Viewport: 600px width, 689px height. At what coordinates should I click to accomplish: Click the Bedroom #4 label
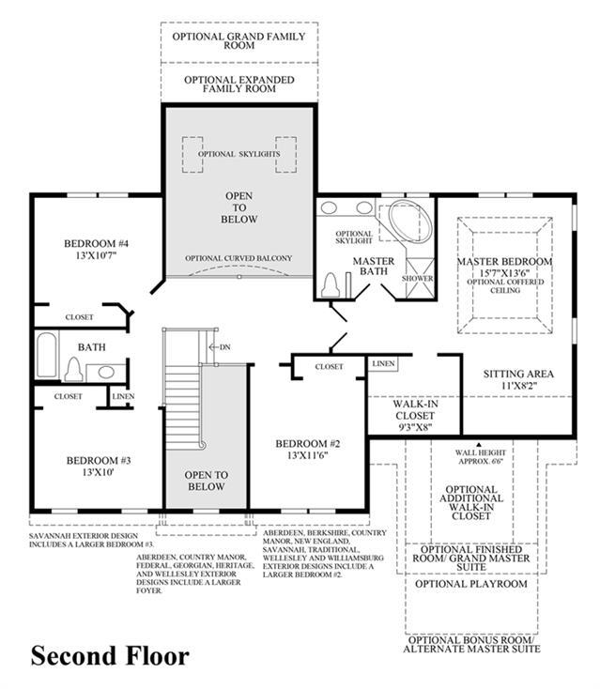[x=97, y=243]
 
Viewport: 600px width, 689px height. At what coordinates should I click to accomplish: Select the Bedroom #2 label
[x=308, y=444]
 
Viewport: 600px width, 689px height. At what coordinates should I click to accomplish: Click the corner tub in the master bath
[x=410, y=222]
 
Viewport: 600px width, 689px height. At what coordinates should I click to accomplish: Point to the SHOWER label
[x=417, y=279]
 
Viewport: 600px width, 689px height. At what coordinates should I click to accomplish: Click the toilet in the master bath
[x=331, y=285]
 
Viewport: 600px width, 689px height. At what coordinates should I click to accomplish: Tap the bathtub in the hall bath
[x=47, y=355]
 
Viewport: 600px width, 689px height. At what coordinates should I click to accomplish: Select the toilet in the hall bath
[x=74, y=370]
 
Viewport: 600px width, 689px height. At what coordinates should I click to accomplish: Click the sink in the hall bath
[x=106, y=372]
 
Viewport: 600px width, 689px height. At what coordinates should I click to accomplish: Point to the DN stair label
[x=225, y=347]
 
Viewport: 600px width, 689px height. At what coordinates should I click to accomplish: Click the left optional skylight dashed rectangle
[x=192, y=155]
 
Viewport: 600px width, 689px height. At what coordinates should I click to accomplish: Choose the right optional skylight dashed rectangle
[x=285, y=155]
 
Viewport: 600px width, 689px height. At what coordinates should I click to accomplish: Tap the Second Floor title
[x=110, y=656]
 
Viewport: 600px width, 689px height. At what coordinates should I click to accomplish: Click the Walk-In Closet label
[x=415, y=409]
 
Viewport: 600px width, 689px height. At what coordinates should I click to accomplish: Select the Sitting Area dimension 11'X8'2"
[x=518, y=386]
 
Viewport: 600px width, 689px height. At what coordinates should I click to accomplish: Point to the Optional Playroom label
[x=470, y=584]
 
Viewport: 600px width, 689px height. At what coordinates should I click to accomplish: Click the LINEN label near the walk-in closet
[x=383, y=364]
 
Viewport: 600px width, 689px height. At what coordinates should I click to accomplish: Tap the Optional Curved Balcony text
[x=238, y=258]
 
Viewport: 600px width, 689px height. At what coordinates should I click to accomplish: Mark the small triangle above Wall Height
[x=479, y=445]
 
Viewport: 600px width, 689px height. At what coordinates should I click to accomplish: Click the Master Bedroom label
[x=504, y=262]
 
